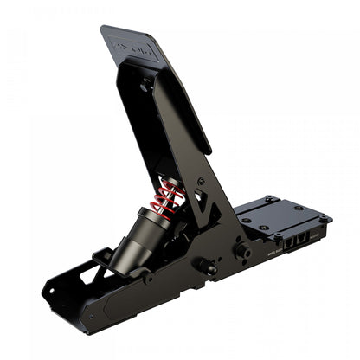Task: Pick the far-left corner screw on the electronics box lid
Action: pyautogui.click(x=246, y=220)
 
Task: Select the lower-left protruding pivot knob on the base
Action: pyautogui.click(x=207, y=267)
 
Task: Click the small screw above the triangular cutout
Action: pyautogui.click(x=201, y=181)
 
